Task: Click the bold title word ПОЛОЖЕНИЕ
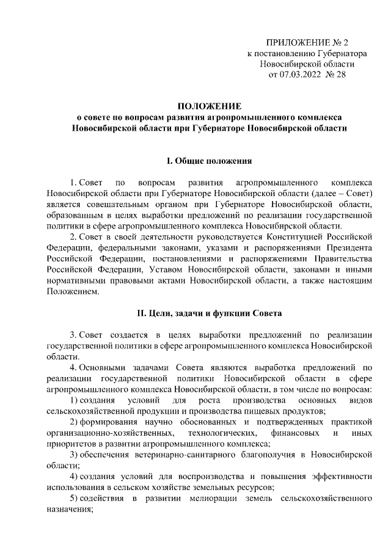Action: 209,106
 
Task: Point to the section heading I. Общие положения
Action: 209,161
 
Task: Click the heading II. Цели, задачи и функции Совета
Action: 209,314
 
